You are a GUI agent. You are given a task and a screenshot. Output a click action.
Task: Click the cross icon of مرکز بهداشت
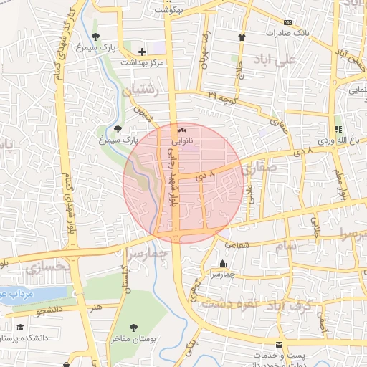(x=142, y=52)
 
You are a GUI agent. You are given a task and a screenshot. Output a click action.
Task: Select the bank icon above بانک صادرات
(x=288, y=22)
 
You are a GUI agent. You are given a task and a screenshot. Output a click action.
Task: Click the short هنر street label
(x=96, y=306)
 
